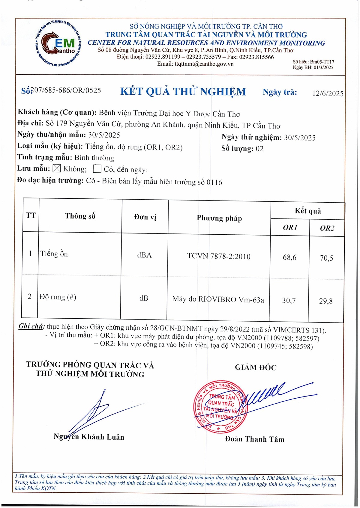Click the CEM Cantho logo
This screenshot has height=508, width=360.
tap(58, 44)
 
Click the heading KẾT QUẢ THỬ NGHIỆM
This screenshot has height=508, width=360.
tap(183, 91)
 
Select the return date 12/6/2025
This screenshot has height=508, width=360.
tap(328, 94)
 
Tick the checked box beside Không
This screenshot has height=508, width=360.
tap(56, 168)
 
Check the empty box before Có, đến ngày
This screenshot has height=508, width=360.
tap(97, 169)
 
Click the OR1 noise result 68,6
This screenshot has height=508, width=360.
tap(289, 257)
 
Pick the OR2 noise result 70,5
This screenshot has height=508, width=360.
tap(326, 258)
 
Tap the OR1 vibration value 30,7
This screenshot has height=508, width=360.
tap(289, 300)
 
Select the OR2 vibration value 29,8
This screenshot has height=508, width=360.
tap(326, 301)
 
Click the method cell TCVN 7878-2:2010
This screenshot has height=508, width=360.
tap(219, 256)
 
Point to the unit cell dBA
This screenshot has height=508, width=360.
tap(144, 255)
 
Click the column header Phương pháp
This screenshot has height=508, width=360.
tap(219, 218)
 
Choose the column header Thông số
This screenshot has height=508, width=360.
tap(80, 216)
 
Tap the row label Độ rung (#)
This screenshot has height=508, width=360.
tap(58, 297)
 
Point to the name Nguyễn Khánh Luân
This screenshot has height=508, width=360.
tap(89, 437)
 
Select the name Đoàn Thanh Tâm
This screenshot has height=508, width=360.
tap(255, 439)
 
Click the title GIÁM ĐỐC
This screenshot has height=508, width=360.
tap(256, 367)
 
